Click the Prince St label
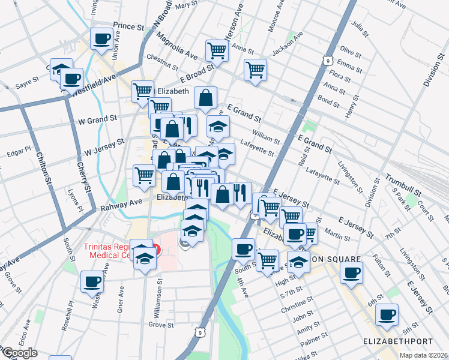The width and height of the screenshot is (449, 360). click(129, 27)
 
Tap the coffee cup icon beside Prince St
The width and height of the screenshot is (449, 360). click(101, 39)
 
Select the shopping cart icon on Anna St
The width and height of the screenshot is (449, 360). click(216, 50)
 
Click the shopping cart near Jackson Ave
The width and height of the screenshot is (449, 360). click(256, 70)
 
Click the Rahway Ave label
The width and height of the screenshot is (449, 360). click(116, 205)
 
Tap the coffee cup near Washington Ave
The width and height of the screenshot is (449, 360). click(92, 281)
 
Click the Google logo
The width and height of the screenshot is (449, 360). click(19, 353)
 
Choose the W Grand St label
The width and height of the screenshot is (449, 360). click(97, 120)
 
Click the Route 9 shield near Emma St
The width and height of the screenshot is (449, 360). click(327, 60)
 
